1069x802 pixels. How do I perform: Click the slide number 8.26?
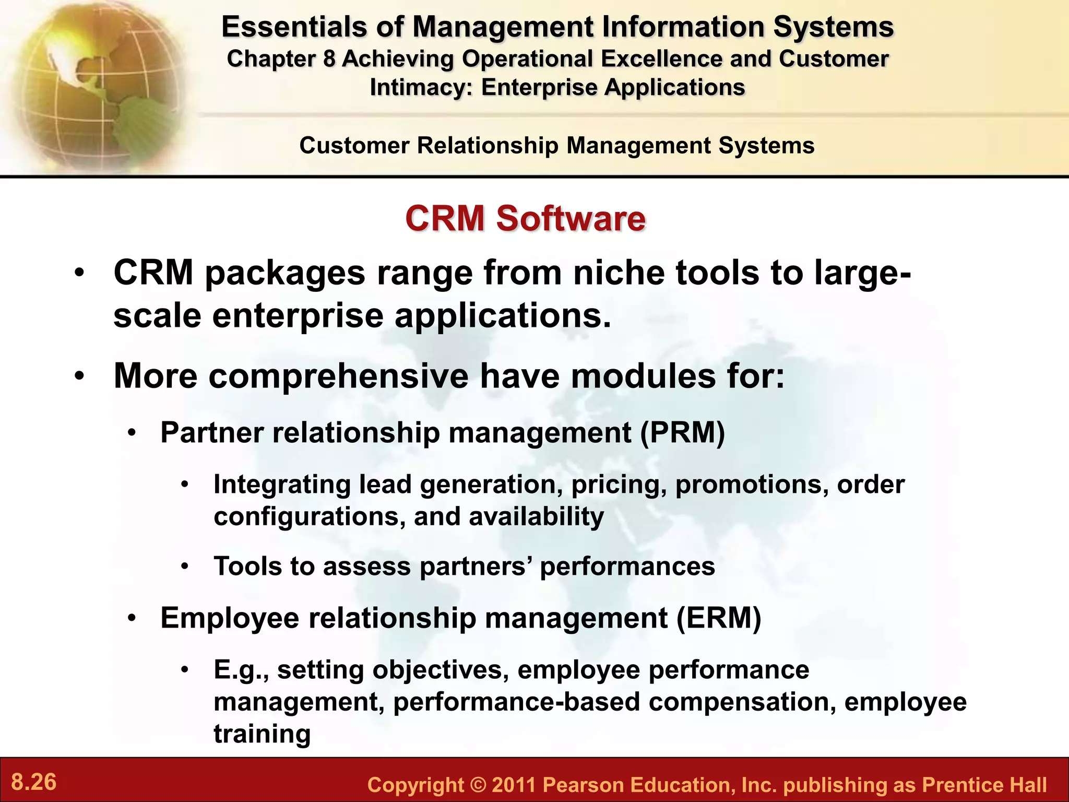(x=34, y=782)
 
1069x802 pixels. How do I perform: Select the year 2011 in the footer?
(x=514, y=785)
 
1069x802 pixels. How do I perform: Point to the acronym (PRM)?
(x=683, y=433)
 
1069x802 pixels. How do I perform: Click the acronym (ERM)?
(x=719, y=618)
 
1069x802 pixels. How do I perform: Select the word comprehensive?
(x=338, y=376)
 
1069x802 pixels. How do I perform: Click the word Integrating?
(x=282, y=485)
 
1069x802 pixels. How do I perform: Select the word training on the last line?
(x=262, y=734)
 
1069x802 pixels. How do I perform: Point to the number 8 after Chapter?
(x=329, y=59)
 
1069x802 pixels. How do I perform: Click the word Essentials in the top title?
(x=293, y=27)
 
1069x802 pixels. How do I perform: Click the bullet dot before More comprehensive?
(x=79, y=376)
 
